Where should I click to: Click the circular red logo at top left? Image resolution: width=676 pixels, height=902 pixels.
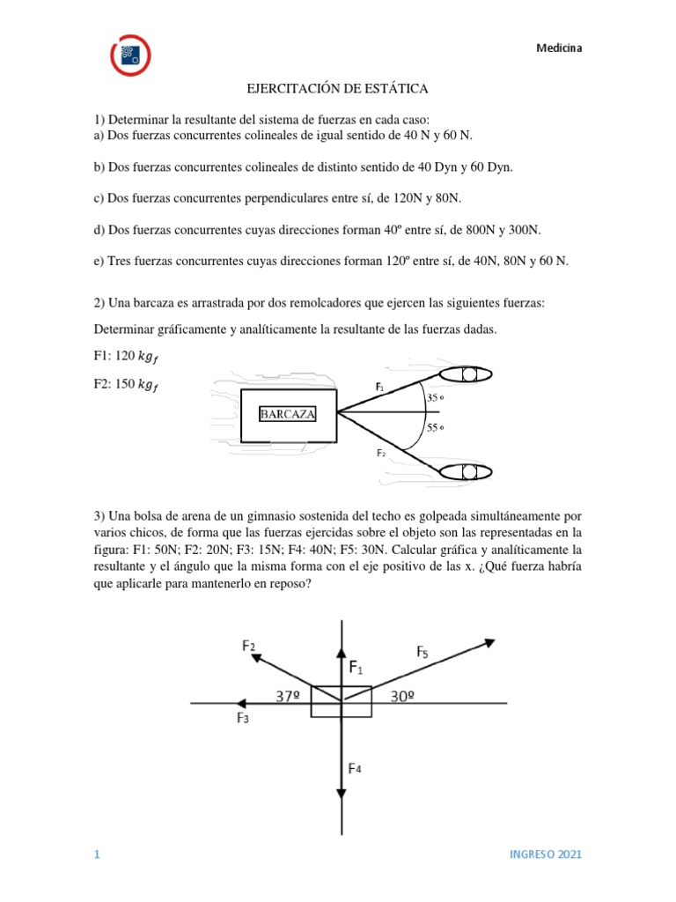click(x=130, y=55)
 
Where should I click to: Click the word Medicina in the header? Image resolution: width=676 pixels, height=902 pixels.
click(x=559, y=48)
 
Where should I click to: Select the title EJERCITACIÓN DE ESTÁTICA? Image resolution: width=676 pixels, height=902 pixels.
click(x=336, y=89)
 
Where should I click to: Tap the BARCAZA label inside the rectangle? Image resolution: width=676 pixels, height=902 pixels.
click(x=287, y=414)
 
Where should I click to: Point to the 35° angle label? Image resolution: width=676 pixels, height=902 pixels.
click(x=435, y=397)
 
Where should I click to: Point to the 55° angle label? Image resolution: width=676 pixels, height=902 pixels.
click(x=435, y=428)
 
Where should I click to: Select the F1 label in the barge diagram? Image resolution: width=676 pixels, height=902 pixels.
click(x=378, y=386)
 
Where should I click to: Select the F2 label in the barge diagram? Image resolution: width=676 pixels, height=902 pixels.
click(x=381, y=453)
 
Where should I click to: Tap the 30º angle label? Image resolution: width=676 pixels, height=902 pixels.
click(x=402, y=696)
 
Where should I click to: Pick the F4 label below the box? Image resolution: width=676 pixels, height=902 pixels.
click(x=355, y=768)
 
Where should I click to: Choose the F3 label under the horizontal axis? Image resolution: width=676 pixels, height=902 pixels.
click(x=243, y=718)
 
